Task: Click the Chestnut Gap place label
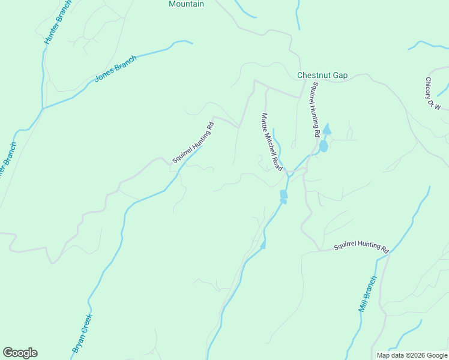pyautogui.click(x=322, y=75)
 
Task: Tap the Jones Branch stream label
pyautogui.click(x=116, y=69)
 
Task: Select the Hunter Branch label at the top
pyautogui.click(x=58, y=23)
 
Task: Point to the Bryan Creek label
pyautogui.click(x=82, y=332)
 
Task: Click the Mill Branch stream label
pyautogui.click(x=367, y=294)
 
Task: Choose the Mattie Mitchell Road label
pyautogui.click(x=271, y=142)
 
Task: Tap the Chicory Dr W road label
pyautogui.click(x=433, y=94)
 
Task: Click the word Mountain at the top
pyautogui.click(x=186, y=4)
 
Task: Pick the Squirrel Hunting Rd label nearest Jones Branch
pyautogui.click(x=193, y=143)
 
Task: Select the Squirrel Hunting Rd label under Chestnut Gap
pyautogui.click(x=313, y=110)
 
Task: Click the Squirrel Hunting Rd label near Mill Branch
pyautogui.click(x=361, y=246)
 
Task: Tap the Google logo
pyautogui.click(x=20, y=353)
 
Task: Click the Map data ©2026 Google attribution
pyautogui.click(x=411, y=355)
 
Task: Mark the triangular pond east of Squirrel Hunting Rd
pyautogui.click(x=327, y=129)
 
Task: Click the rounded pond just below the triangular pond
pyautogui.click(x=324, y=146)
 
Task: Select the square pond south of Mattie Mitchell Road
pyautogui.click(x=284, y=195)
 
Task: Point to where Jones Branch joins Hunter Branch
pyautogui.click(x=43, y=109)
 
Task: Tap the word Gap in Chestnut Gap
pyautogui.click(x=340, y=75)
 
